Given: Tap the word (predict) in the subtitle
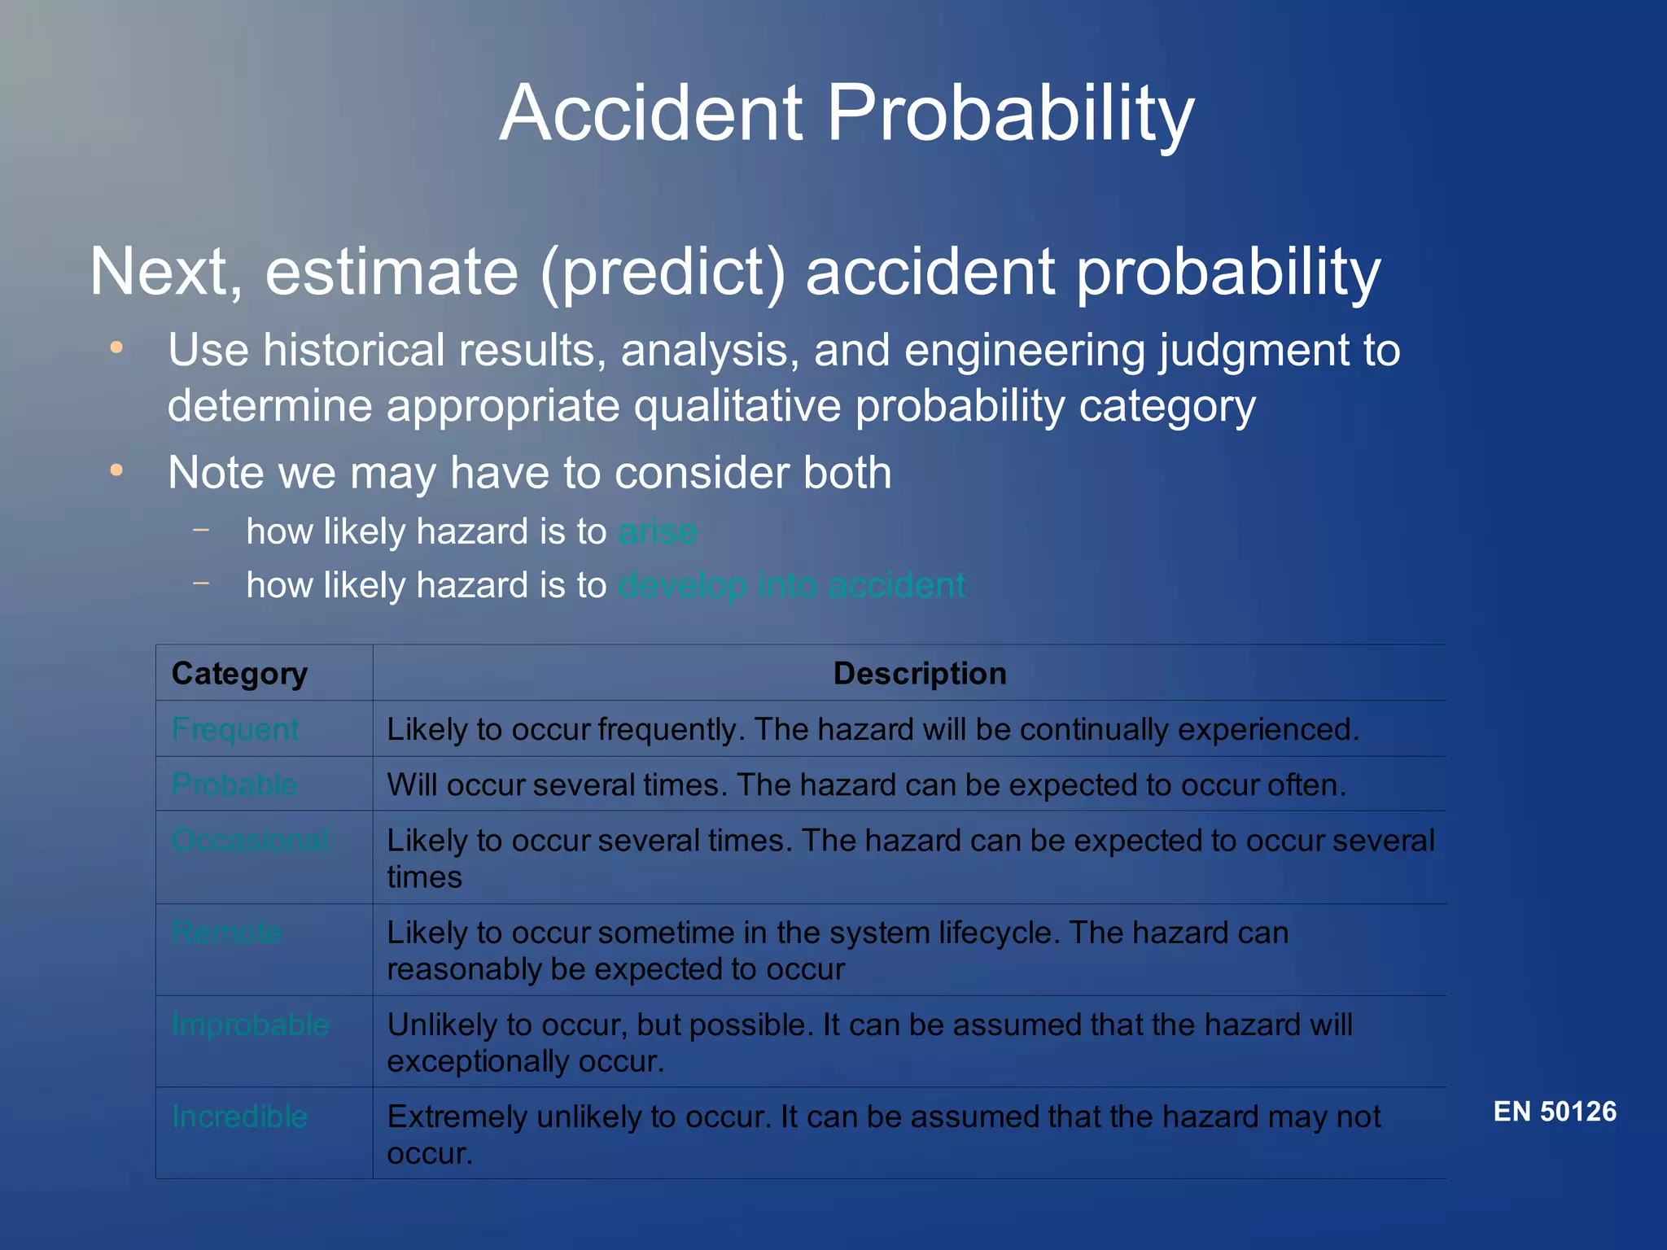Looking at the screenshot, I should point(663,273).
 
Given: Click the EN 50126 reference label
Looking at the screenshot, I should point(1555,1112).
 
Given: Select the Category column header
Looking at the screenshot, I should point(239,674).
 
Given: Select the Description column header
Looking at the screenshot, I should point(920,674).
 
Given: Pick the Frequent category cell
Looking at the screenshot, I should point(235,729).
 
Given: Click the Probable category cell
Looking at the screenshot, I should point(234,785).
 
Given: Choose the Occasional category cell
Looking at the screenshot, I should point(250,840).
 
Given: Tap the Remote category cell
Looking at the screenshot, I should point(227,933).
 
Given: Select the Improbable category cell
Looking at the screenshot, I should point(250,1025).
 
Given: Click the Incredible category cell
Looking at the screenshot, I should point(239,1117).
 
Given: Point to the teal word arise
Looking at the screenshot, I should point(658,532).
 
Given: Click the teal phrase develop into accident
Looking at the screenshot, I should point(791,586).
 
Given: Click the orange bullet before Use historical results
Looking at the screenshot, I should point(116,348).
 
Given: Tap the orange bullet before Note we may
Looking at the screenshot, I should point(116,470).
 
